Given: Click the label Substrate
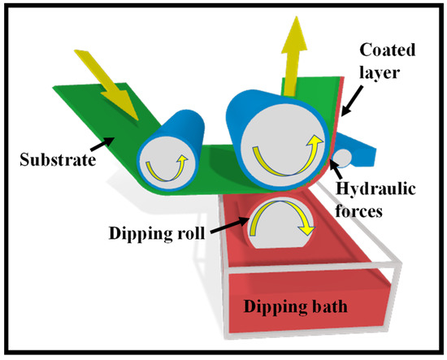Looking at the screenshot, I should (x=58, y=155).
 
